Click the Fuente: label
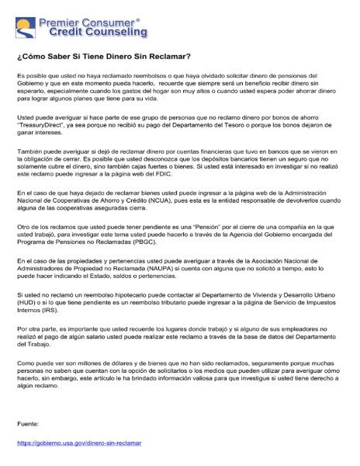coord(29,424)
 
